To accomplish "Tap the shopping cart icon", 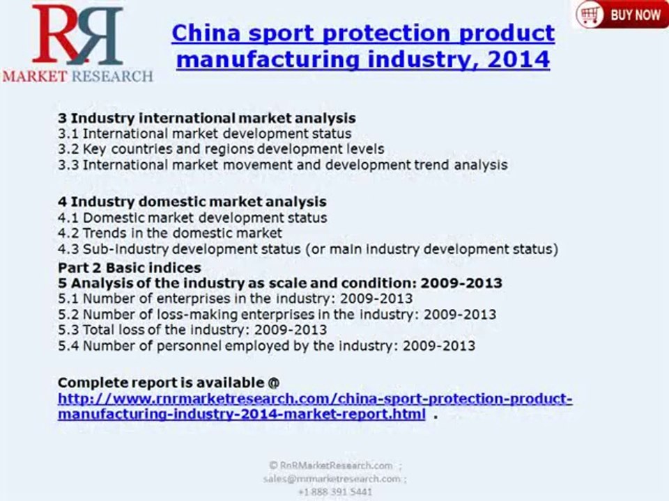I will (x=590, y=14).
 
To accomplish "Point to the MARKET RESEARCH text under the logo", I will (x=77, y=76).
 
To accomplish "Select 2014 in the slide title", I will (x=518, y=59).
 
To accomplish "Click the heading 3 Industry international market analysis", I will (x=206, y=118).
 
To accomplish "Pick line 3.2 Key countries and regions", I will (x=220, y=149).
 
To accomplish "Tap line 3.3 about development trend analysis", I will (x=282, y=165).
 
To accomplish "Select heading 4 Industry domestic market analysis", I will (x=192, y=202).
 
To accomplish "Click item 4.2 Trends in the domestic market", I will (x=170, y=233).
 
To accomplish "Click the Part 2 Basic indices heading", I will (x=130, y=268).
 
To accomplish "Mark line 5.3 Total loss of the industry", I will (x=192, y=329).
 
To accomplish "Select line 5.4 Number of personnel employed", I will (x=266, y=345).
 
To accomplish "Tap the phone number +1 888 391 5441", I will (x=334, y=492).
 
